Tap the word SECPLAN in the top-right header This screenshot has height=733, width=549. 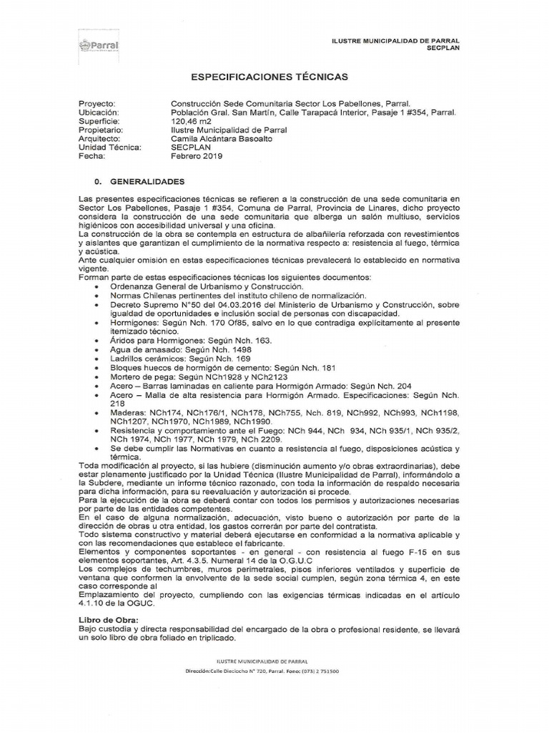[x=443, y=48]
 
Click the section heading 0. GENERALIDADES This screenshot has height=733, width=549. [x=139, y=182]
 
